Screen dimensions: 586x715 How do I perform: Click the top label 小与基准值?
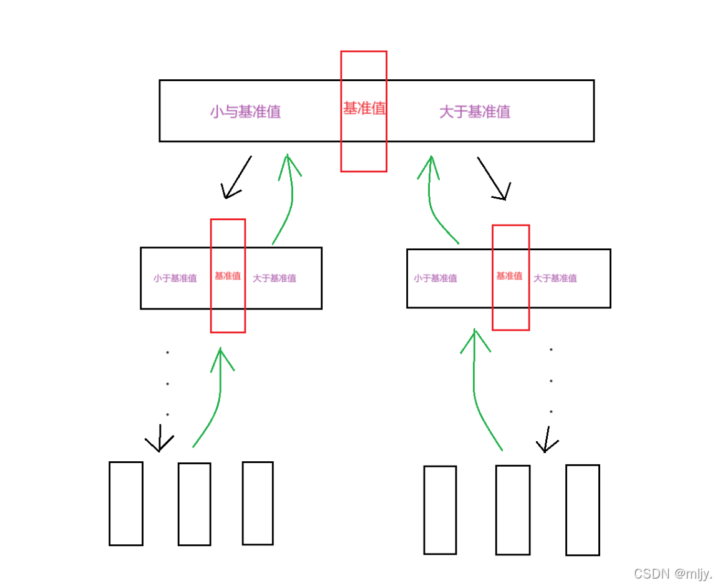click(x=245, y=112)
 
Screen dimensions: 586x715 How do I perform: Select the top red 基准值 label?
click(x=364, y=109)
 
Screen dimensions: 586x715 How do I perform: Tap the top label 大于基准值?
click(x=475, y=112)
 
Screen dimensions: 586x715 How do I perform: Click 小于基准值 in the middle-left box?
click(x=175, y=278)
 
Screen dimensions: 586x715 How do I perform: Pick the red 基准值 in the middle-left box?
click(x=228, y=276)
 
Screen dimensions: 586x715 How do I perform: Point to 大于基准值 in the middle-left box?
click(x=275, y=278)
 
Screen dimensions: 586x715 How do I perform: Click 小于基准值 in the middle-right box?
click(x=435, y=278)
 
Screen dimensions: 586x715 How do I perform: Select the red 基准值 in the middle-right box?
click(x=509, y=276)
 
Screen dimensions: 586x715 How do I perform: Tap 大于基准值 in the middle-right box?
click(x=555, y=278)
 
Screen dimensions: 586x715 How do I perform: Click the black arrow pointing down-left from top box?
click(x=237, y=178)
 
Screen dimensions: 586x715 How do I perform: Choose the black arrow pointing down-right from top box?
click(x=494, y=178)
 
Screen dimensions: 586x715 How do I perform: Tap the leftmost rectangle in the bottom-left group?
click(x=126, y=504)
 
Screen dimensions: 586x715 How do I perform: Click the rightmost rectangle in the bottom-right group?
click(x=583, y=510)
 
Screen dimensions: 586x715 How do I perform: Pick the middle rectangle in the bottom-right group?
click(x=513, y=510)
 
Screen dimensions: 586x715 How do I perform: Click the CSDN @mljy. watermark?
click(x=672, y=574)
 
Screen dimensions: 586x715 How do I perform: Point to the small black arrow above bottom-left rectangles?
click(x=160, y=439)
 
